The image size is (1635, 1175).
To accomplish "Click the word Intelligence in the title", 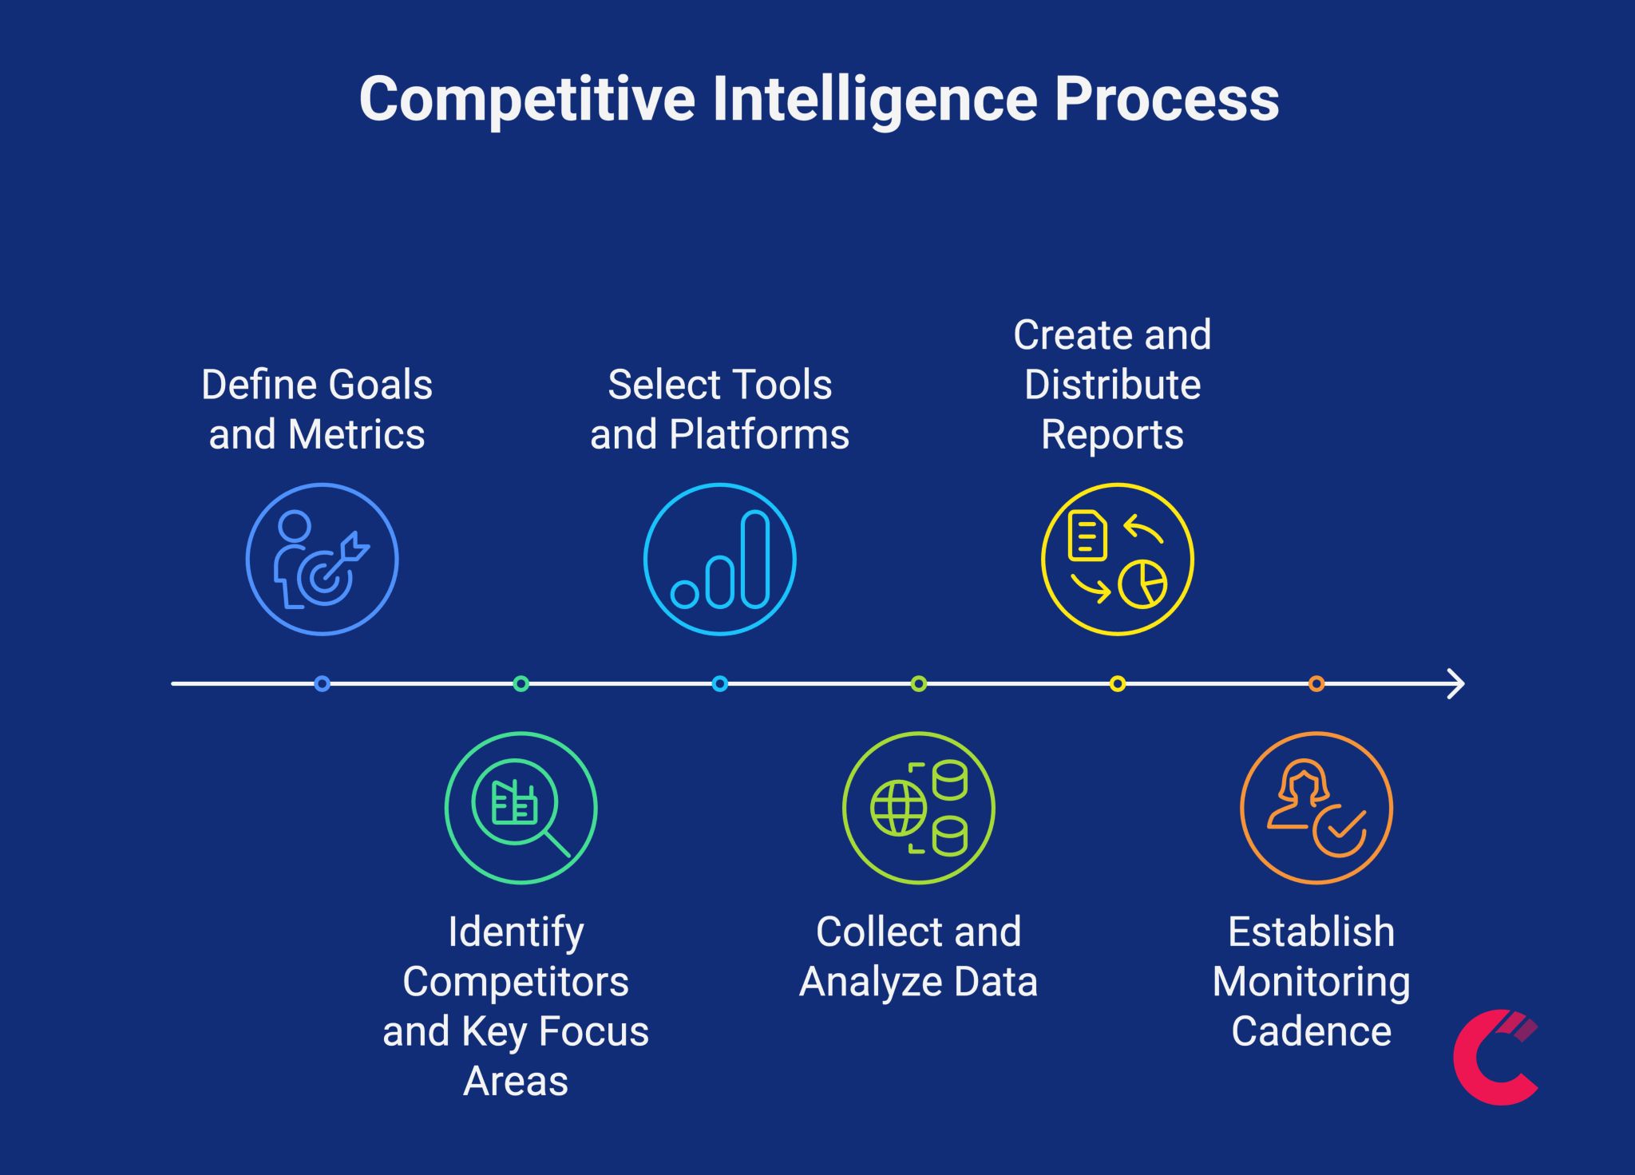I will click(875, 99).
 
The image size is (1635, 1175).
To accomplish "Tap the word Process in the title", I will click(1166, 99).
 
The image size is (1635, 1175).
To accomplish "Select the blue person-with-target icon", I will click(322, 559).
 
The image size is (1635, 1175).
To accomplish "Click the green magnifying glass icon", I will click(521, 808).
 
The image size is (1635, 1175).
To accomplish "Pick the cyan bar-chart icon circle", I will click(719, 559).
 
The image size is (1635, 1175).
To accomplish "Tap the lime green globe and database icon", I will click(918, 808).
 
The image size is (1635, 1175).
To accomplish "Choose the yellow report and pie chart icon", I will click(1117, 559).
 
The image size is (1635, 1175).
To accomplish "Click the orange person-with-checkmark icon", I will click(1316, 808).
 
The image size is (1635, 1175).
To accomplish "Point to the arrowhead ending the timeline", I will click(1457, 684).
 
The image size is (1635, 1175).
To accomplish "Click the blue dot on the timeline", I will click(322, 684).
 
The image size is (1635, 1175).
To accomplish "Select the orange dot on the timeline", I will click(1316, 684).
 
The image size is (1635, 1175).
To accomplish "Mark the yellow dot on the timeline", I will click(1117, 684).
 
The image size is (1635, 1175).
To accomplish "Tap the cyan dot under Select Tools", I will click(719, 684).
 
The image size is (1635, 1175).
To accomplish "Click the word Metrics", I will click(356, 435).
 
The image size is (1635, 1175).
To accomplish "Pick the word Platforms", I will click(759, 435).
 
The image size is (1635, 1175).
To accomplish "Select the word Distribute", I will click(1112, 385).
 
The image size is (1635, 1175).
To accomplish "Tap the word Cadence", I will click(1311, 1031).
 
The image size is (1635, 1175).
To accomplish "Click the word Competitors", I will click(516, 982).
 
